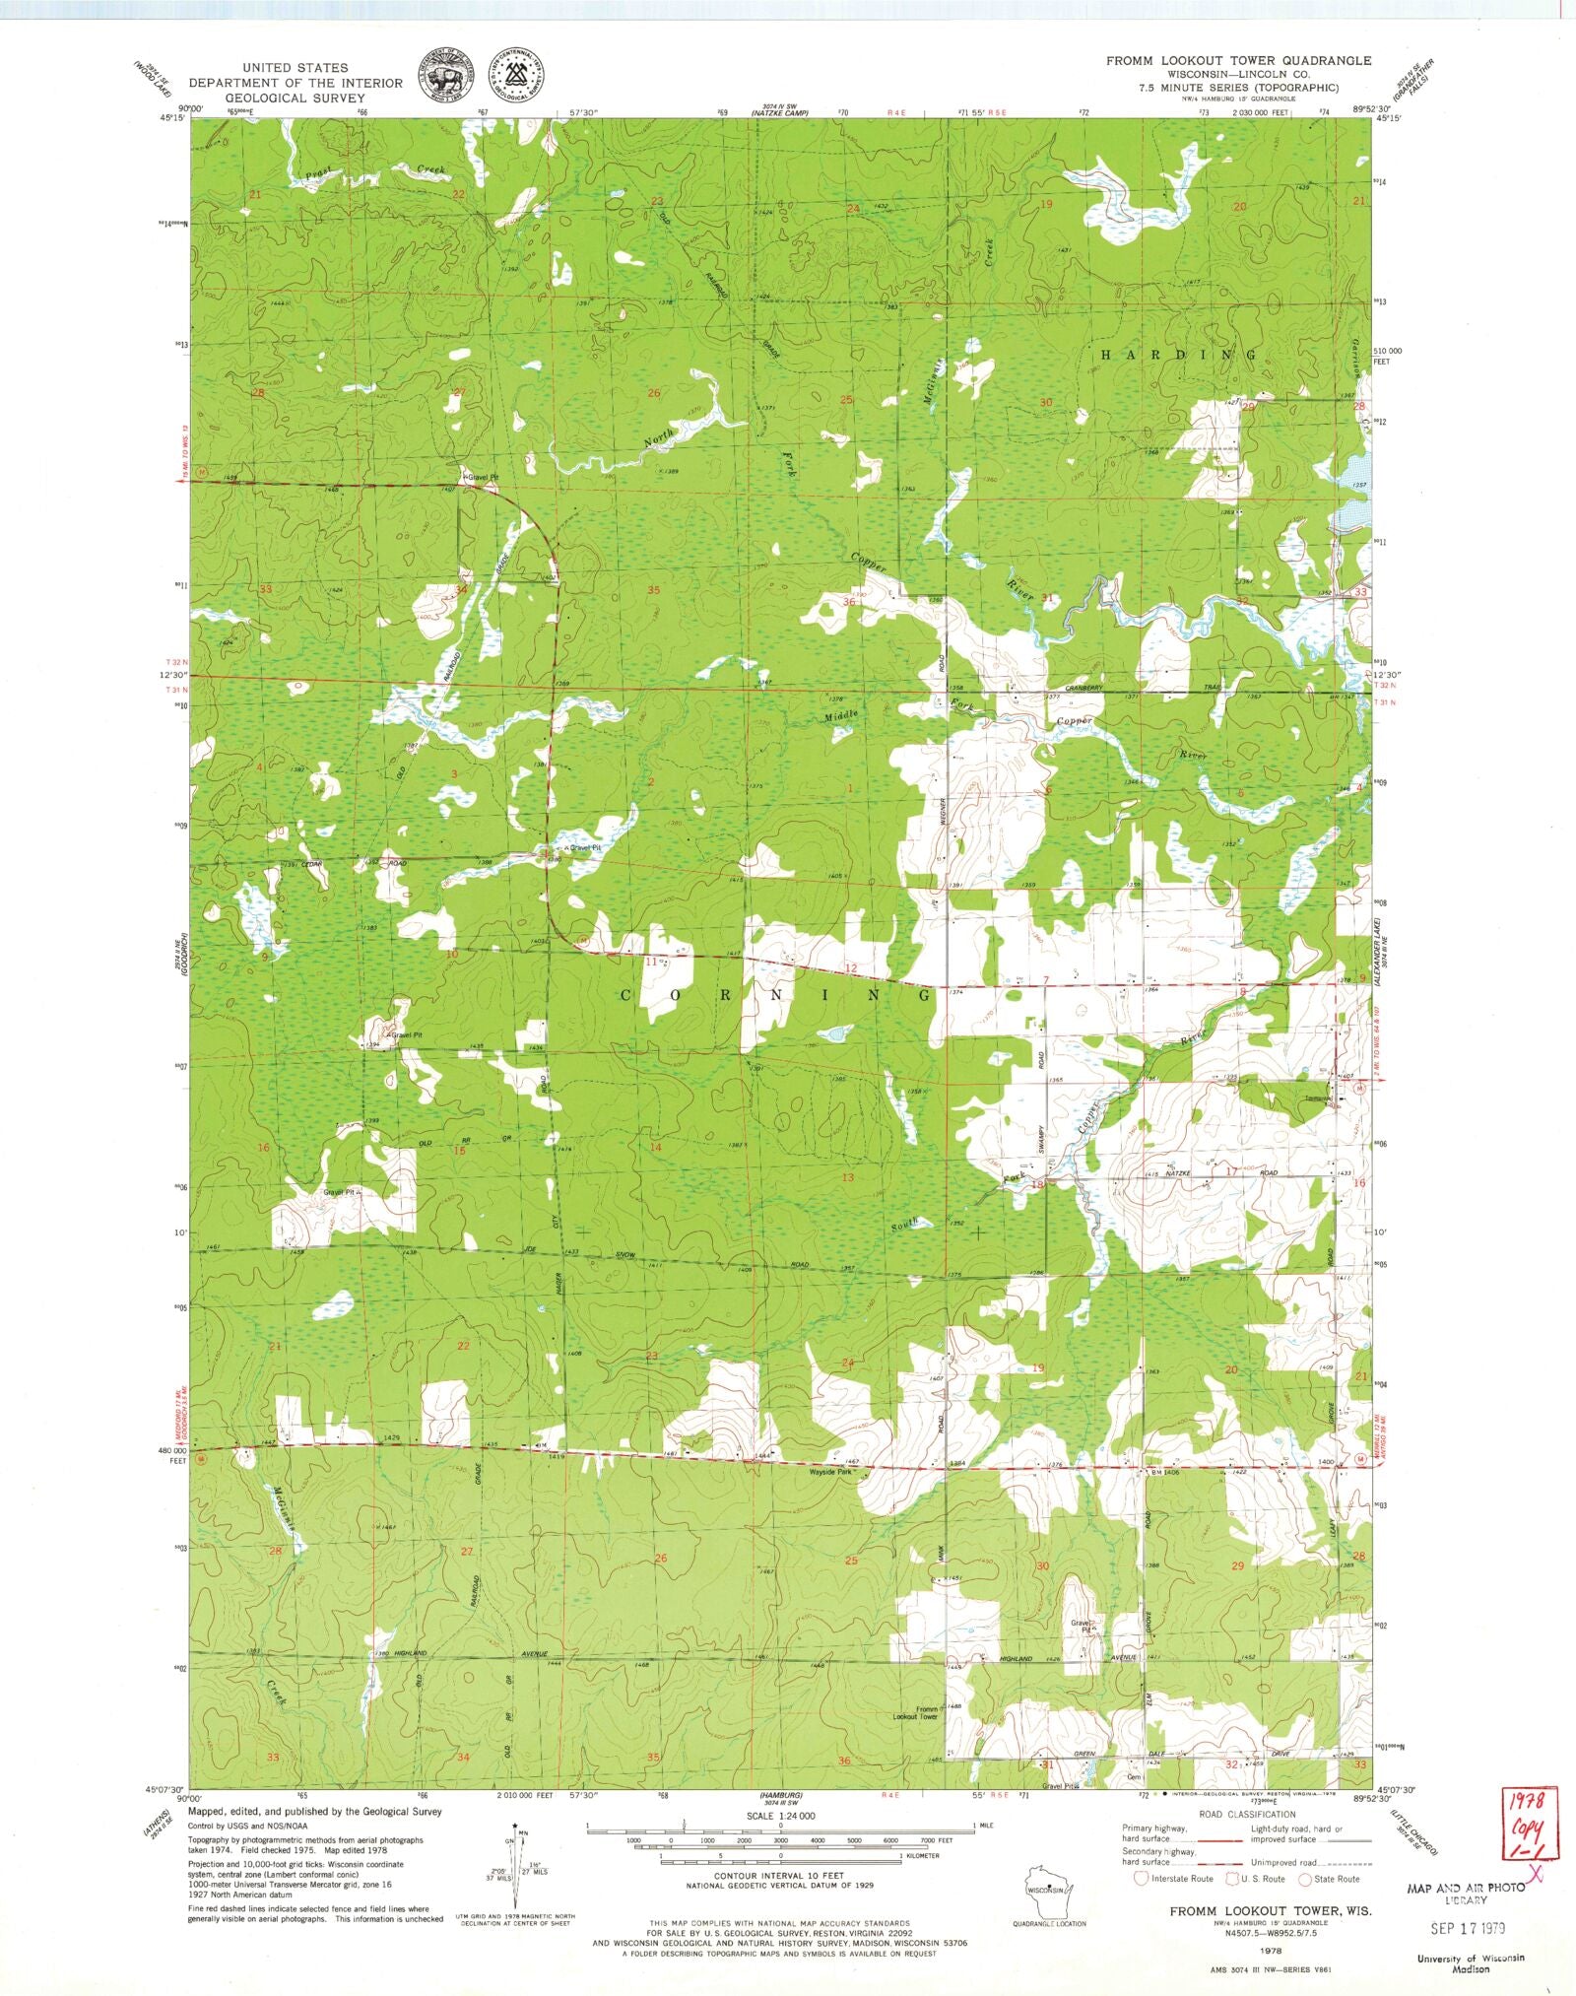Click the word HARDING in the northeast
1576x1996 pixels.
[1177, 354]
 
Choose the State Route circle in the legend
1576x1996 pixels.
[1310, 1878]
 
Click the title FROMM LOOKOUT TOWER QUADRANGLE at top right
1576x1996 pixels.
[1238, 61]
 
